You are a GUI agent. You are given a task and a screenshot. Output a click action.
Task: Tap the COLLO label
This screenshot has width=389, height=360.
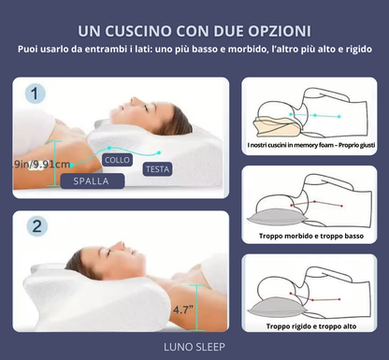pos(118,160)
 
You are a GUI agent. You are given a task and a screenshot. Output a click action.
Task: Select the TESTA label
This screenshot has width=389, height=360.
pos(156,169)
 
